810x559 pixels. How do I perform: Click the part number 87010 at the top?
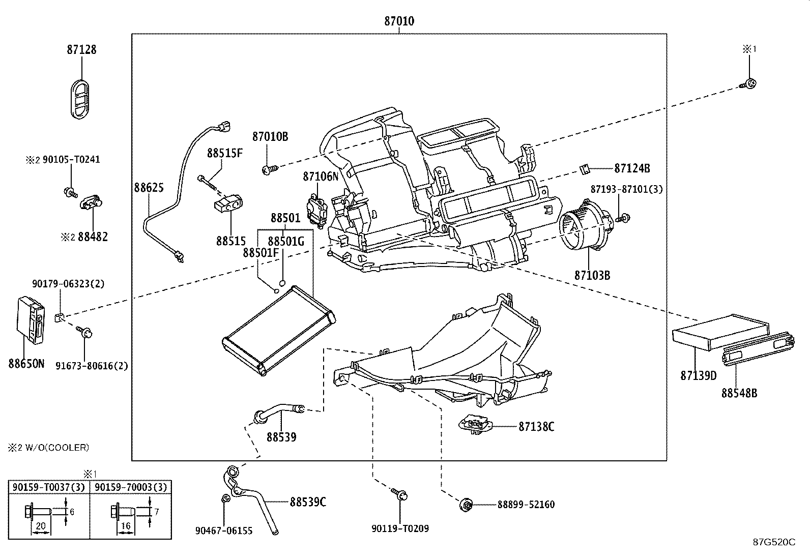(x=399, y=21)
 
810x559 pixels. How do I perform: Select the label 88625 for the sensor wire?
(x=149, y=188)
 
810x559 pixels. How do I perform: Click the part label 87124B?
(x=632, y=168)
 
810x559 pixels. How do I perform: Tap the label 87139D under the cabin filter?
(x=698, y=376)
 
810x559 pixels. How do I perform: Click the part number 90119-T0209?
(x=400, y=528)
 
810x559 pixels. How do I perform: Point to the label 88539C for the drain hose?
(x=308, y=502)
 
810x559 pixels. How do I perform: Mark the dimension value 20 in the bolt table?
(x=41, y=526)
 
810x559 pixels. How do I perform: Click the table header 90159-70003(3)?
(x=131, y=487)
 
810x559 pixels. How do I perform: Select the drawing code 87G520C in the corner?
(x=774, y=542)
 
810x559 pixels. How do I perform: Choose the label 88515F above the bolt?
(x=224, y=153)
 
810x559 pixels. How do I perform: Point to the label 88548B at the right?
(x=739, y=393)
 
